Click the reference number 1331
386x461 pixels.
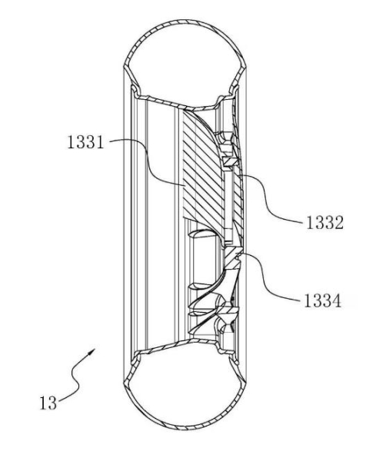(85, 142)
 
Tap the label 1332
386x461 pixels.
(324, 223)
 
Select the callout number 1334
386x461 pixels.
(323, 300)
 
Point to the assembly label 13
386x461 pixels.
(48, 403)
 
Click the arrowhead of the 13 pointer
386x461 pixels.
(92, 351)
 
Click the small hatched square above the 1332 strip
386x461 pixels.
(229, 161)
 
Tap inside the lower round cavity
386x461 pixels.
(185, 388)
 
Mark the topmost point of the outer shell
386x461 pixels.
(185, 20)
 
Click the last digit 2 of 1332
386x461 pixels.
(339, 223)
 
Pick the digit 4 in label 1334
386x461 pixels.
(337, 300)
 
